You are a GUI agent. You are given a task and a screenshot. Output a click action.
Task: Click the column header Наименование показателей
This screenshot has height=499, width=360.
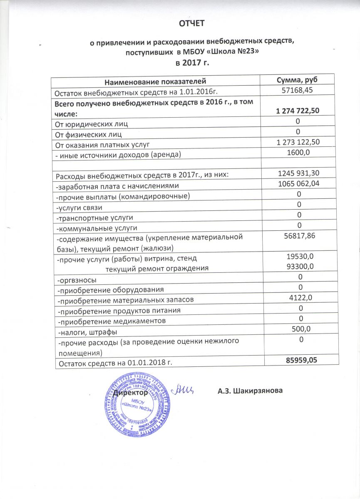pyautogui.click(x=155, y=81)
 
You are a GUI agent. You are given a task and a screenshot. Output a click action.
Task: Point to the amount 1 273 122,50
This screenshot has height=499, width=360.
pyautogui.click(x=298, y=143)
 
